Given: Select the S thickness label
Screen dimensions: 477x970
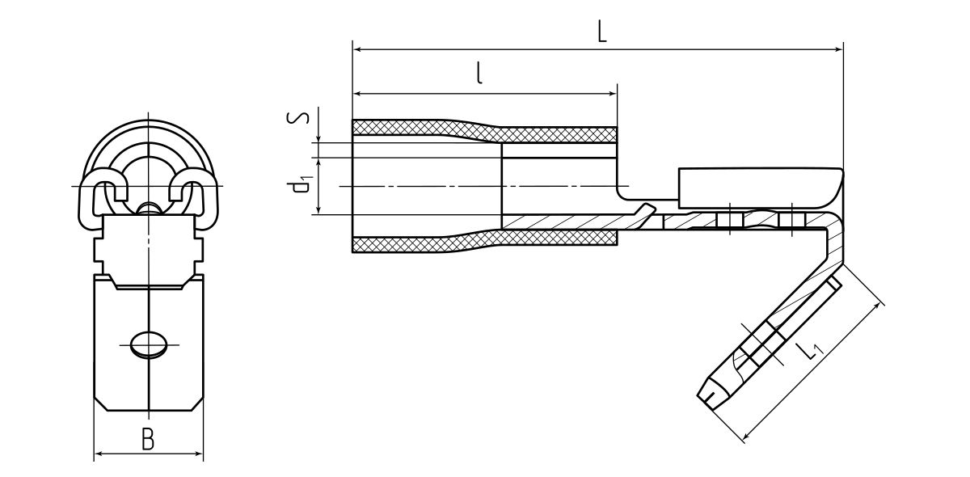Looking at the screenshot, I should (297, 117).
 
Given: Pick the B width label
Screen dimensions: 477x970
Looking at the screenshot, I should (147, 440).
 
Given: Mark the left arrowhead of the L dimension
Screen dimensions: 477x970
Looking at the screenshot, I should (357, 50).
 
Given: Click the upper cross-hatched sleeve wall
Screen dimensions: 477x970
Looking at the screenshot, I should (485, 132).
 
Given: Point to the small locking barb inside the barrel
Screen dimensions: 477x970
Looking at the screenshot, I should (645, 211).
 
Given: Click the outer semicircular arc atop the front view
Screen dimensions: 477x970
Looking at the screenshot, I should (149, 129).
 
